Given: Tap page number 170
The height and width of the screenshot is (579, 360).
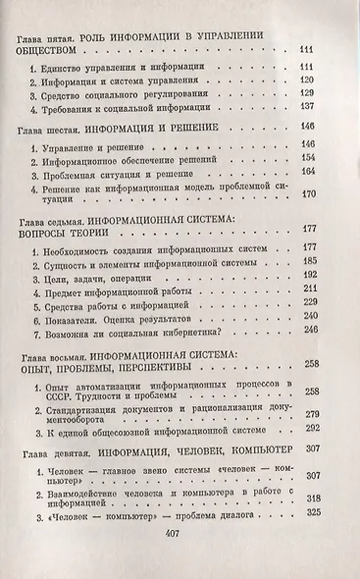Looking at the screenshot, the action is point(305,194).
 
